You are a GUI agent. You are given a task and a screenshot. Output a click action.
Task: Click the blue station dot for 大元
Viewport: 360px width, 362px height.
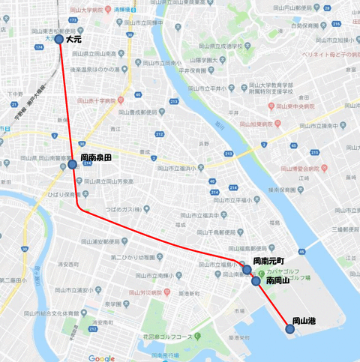pyautogui.click(x=60, y=39)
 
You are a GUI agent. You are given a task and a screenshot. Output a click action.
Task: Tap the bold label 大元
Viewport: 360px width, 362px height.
pyautogui.click(x=73, y=39)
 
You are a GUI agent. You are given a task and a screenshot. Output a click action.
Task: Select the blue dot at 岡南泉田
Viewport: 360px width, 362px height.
pyautogui.click(x=72, y=164)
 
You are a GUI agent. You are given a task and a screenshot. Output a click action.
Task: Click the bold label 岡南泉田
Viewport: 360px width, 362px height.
pyautogui.click(x=97, y=158)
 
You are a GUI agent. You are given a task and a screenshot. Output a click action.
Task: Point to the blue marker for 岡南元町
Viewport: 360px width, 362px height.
pyautogui.click(x=247, y=269)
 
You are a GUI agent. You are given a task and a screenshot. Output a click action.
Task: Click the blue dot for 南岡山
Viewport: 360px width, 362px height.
pyautogui.click(x=256, y=281)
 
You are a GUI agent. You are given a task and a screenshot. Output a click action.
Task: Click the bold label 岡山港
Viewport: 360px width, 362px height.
pyautogui.click(x=303, y=321)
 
